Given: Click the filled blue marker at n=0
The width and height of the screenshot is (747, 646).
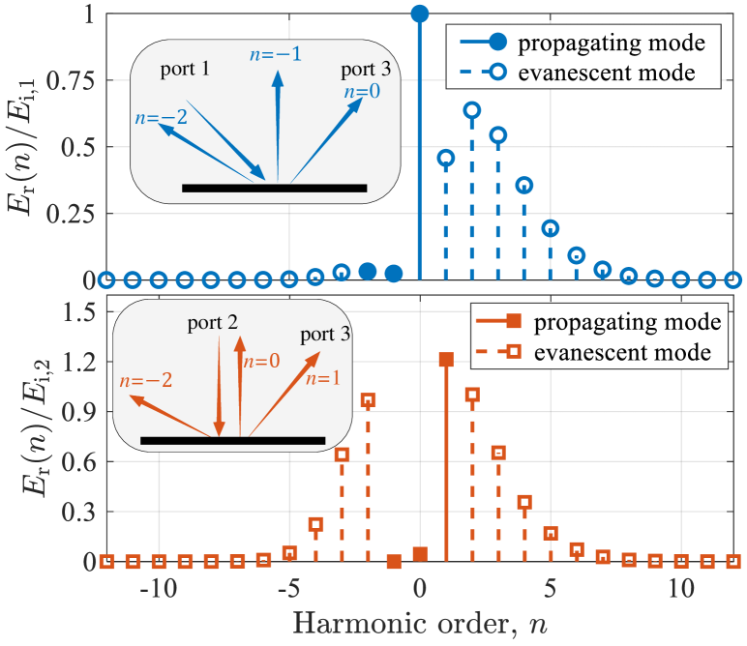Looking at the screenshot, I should (419, 14).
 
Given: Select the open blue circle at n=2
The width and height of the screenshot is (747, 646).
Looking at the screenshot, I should (471, 110).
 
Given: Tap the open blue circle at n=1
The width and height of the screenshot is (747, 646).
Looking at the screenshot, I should (445, 157).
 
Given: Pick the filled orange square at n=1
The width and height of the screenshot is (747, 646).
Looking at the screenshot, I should (445, 360).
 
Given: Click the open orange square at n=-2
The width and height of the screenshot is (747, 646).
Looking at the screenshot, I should (367, 399).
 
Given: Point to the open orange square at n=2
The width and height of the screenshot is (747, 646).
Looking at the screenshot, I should (471, 395).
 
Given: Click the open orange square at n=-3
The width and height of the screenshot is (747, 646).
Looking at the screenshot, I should (341, 455).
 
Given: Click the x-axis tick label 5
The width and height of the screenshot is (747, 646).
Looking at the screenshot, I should (550, 588).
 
